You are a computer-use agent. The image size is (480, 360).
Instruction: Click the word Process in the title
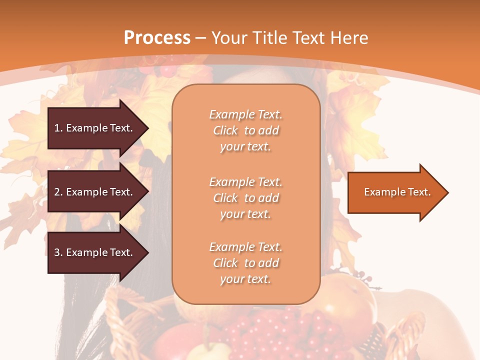coord(157,38)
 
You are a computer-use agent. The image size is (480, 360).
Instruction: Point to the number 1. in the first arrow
coord(58,128)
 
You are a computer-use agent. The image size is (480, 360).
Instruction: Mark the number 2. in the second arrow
coord(58,192)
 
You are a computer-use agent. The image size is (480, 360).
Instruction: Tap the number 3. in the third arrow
coord(58,252)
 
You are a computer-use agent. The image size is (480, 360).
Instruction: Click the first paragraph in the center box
coord(245,130)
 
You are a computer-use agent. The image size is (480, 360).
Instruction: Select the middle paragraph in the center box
coord(245,198)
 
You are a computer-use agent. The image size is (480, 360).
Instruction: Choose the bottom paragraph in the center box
coord(245,263)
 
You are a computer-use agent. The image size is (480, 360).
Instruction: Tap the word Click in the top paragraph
coord(225,130)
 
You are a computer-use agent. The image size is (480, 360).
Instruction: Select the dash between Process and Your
coord(201,38)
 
